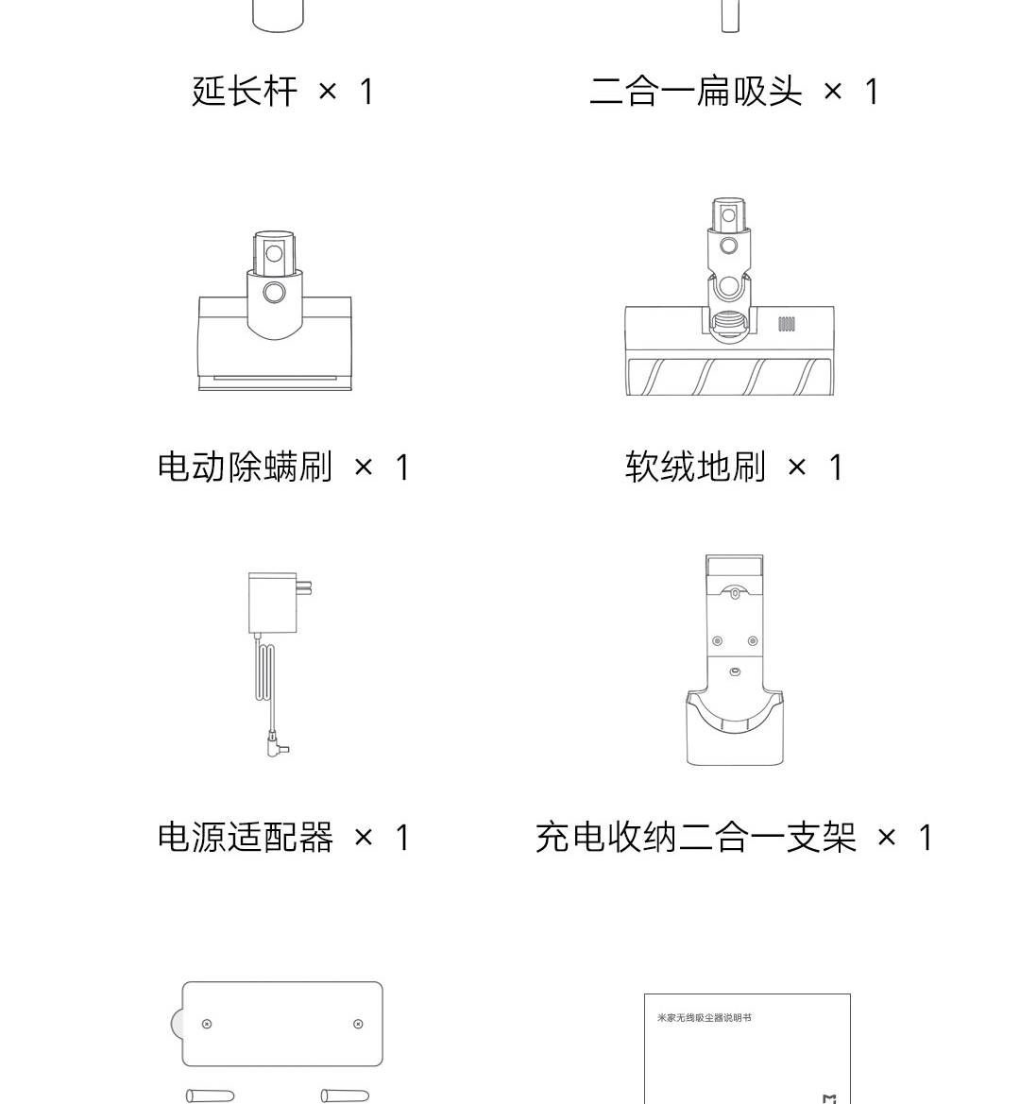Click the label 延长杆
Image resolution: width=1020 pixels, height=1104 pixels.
click(245, 93)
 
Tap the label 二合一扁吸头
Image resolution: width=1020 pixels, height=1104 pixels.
click(695, 93)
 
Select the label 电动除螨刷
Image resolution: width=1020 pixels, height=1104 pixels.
click(245, 467)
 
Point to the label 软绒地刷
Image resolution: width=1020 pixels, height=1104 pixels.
click(695, 467)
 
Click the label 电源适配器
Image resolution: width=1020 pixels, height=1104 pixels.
click(245, 838)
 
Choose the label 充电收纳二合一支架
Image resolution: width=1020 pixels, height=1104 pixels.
click(695, 838)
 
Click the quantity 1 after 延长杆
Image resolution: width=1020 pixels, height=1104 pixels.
click(366, 93)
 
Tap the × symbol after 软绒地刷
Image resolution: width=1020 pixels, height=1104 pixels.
click(797, 467)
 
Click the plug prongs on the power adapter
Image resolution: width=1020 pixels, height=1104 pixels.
click(304, 587)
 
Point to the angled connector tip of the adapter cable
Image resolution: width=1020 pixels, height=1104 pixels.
click(278, 747)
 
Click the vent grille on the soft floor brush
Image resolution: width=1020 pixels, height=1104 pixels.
click(787, 324)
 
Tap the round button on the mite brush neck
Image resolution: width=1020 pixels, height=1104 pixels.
click(274, 292)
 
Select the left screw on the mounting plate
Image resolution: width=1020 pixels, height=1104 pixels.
click(207, 1024)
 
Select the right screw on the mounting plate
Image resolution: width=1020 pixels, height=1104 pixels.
click(358, 1024)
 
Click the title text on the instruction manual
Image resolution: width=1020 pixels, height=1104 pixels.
click(704, 1017)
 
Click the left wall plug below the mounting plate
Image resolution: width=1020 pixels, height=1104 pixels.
click(210, 1096)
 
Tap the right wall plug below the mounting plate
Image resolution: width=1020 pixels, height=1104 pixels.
click(345, 1096)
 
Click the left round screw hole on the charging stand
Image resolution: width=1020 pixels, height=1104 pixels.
click(718, 640)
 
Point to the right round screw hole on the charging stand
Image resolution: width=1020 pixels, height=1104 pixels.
click(753, 640)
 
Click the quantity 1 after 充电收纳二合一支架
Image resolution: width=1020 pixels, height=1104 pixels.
click(926, 838)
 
